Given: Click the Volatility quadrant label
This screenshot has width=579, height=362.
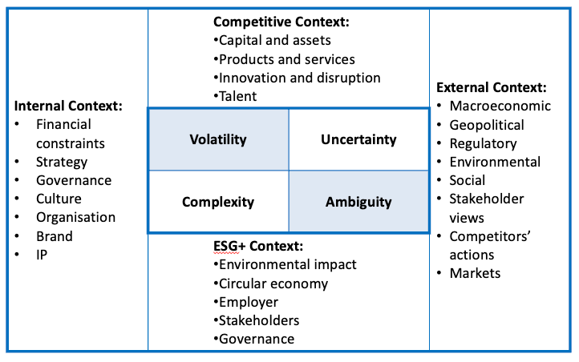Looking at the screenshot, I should coord(217,139).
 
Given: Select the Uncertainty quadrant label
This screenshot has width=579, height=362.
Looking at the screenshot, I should coord(358,139).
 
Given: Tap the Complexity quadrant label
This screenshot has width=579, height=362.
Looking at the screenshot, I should coord(217,202).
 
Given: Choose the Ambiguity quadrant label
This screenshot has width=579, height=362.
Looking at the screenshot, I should coord(358,202).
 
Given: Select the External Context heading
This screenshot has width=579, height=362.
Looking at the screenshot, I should coord(491,87).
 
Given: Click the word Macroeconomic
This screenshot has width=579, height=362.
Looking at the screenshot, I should coord(500,106).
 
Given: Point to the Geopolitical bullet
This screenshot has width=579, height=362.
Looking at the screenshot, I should coord(486,125).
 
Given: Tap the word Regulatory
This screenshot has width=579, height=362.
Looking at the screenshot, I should coord(483,143).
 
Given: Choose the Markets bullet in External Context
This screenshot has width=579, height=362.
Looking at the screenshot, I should coord(475,273).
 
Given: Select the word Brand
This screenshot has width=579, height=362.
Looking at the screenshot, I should coord(54,236).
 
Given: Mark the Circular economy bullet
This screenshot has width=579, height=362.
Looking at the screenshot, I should coord(273,284).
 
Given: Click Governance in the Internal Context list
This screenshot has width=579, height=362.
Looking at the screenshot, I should coord(74,180).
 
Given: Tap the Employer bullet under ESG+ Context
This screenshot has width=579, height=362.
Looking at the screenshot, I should coord(249,302).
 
